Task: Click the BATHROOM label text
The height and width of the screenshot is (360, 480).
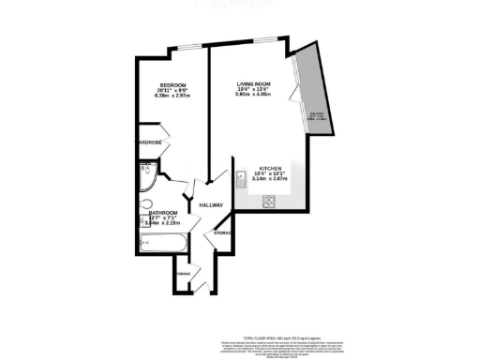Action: pos(161,215)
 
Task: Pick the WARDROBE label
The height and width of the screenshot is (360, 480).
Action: pos(150,142)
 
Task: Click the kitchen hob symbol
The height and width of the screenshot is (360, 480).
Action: pos(268,199)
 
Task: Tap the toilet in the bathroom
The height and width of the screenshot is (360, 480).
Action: pos(145,205)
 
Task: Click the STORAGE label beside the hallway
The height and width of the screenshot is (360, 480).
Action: pos(222,232)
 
